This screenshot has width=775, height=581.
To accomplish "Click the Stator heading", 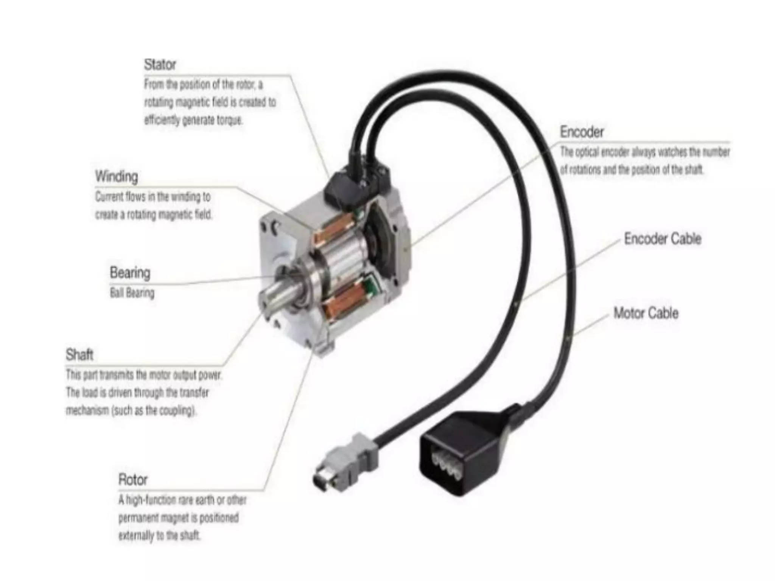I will pos(160,65).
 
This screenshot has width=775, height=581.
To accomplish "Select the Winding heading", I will pos(117,176).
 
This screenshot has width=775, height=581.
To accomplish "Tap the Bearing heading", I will pos(130,273).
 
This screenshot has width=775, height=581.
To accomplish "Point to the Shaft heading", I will pos(79,355).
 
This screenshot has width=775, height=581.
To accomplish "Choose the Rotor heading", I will pos(133,480).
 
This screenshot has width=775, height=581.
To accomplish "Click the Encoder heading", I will pos(582,132).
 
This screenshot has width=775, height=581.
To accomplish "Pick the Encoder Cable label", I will pos(663,239).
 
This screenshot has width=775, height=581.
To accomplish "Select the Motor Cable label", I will pos(646,313).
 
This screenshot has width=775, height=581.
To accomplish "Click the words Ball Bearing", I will pos(132,293).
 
